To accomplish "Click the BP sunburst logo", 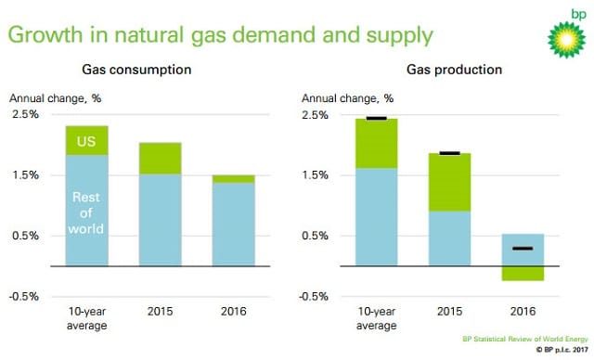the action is (x=566, y=40).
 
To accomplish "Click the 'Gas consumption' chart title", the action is (x=136, y=70).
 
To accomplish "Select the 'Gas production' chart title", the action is (x=454, y=70).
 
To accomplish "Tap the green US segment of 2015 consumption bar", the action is (x=161, y=159).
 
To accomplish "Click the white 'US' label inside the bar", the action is (x=86, y=142).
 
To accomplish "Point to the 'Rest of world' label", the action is (x=86, y=213).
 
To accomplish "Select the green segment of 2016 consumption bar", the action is (x=233, y=179).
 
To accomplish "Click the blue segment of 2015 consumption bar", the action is (x=161, y=220).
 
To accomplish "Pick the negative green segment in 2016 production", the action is (x=523, y=274).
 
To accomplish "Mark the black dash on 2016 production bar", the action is (x=523, y=249).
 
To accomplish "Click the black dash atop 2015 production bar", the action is (x=449, y=153).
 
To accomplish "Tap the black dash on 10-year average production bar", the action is (x=377, y=119).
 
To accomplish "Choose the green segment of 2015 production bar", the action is (x=449, y=182).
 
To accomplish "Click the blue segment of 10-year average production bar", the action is (x=377, y=217).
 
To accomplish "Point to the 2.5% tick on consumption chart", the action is (x=25, y=114).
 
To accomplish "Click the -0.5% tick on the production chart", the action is (x=314, y=296).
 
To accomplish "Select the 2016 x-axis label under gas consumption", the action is (x=233, y=311).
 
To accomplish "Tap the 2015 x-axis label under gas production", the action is (x=449, y=311).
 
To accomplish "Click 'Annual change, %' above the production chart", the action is (x=347, y=98).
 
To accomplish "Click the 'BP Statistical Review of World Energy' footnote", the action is (x=525, y=339).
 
